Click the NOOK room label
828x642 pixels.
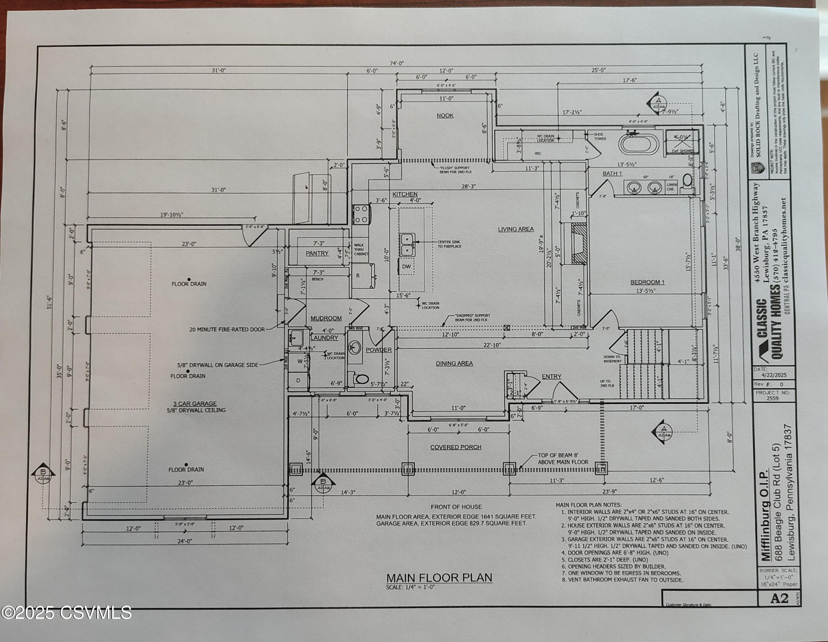(x=445, y=116)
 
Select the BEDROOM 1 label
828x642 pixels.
(x=647, y=282)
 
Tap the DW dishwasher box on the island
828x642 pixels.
(x=407, y=267)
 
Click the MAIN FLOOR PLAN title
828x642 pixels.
(x=439, y=577)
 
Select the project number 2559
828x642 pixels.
(x=772, y=398)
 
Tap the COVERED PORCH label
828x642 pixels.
(x=455, y=447)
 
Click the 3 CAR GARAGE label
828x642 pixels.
(x=195, y=404)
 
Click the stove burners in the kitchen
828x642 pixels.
(x=360, y=214)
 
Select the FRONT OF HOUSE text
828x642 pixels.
(x=456, y=507)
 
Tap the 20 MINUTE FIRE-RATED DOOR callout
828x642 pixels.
(x=227, y=330)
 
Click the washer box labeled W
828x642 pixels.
(x=299, y=361)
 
